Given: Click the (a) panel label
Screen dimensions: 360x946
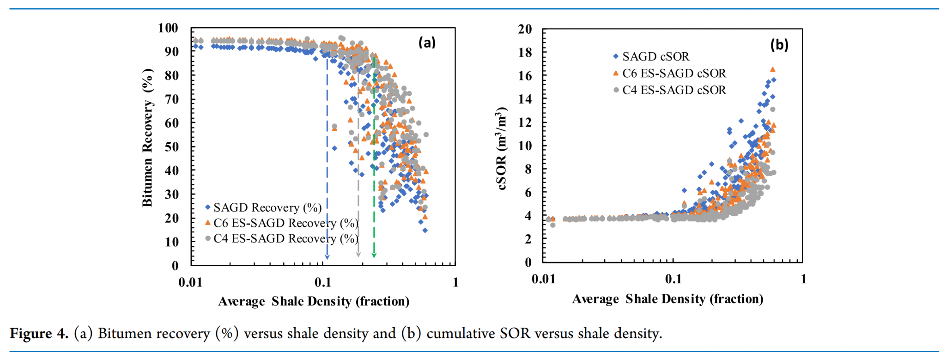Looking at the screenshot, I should tap(427, 43).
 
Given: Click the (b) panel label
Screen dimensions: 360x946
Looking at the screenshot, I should tap(779, 45).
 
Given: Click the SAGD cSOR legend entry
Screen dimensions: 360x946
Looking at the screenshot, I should tap(655, 56).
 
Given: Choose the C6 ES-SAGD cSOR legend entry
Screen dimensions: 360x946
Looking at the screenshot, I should tap(673, 73).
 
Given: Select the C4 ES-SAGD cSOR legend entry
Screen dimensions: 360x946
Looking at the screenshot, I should tap(673, 90).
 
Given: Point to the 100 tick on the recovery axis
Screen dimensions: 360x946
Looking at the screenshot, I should tap(168, 28).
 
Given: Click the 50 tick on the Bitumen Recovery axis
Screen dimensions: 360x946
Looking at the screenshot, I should tap(172, 147).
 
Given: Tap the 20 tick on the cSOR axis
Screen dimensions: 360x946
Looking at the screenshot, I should tap(525, 29).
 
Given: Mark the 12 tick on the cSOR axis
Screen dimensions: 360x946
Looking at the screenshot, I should tap(525, 122).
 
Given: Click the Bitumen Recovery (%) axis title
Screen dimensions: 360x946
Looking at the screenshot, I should tap(147, 137).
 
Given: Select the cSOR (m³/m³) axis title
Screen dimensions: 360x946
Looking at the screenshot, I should tap(502, 148).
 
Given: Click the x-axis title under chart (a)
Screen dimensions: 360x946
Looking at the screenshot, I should tap(314, 301).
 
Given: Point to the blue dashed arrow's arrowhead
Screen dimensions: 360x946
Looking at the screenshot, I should tap(327, 256).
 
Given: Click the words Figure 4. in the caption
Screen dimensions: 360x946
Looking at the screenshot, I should tap(39, 333).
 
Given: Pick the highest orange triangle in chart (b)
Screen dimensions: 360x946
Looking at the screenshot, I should tap(772, 69).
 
